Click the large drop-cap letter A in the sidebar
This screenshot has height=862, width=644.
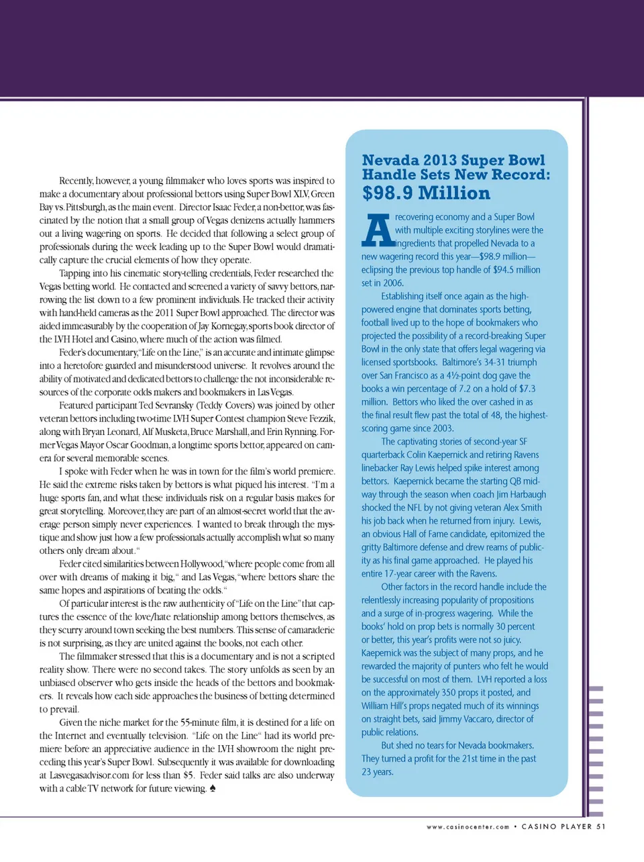click(x=378, y=231)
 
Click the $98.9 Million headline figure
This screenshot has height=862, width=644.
click(x=426, y=193)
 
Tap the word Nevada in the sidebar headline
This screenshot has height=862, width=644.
click(x=390, y=160)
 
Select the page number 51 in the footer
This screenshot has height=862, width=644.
click(x=600, y=826)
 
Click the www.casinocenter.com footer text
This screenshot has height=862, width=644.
click(x=468, y=827)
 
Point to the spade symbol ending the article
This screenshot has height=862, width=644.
click(x=213, y=788)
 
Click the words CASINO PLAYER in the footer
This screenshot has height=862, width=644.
click(x=556, y=826)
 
